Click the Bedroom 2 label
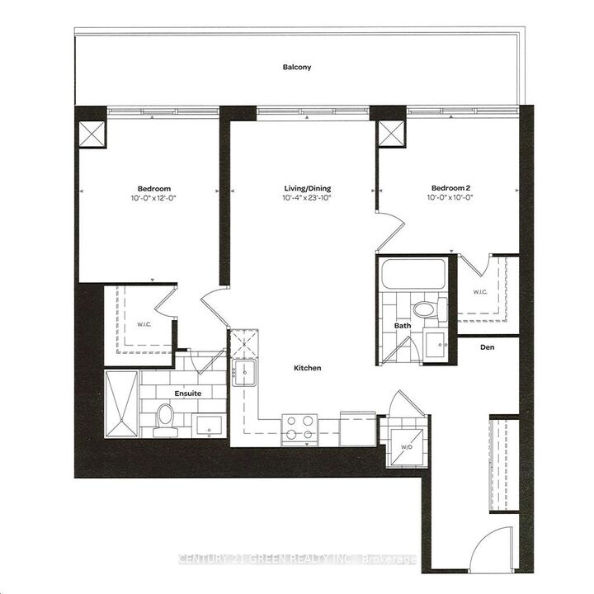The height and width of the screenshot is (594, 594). pos(450,187)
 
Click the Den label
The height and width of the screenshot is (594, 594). pos(488,347)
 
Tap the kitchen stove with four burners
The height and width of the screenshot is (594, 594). pos(299,427)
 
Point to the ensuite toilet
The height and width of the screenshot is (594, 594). pos(165,415)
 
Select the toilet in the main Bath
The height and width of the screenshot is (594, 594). pos(425,309)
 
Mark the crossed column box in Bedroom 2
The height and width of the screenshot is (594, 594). pos(391,133)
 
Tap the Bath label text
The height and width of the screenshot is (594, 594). pos(402,326)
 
